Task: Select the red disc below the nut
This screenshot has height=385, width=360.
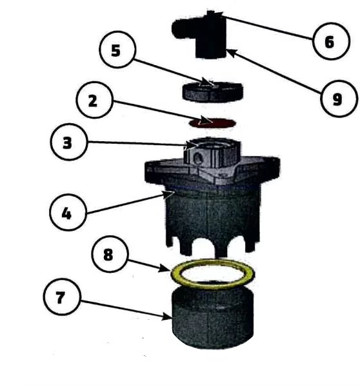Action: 212,123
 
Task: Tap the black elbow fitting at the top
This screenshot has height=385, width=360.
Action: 199,34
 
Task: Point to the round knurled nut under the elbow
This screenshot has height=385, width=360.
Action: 213,92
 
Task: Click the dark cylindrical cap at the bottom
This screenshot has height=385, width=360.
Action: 213,318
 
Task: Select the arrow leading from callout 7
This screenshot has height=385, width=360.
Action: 126,310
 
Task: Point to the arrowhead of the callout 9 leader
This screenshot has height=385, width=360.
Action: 232,52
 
